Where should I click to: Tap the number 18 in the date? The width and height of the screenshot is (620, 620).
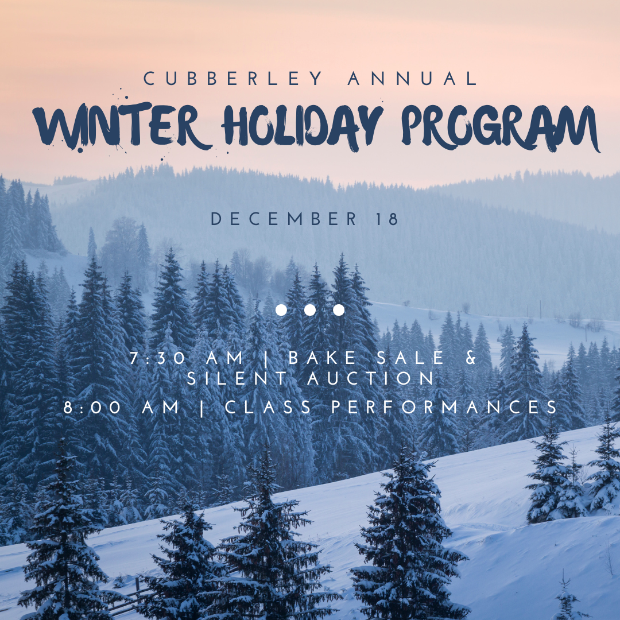click(386, 219)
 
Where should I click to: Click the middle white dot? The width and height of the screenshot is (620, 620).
click(310, 310)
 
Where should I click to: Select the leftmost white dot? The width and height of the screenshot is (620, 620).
click(281, 310)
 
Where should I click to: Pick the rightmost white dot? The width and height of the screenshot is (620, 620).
click(339, 310)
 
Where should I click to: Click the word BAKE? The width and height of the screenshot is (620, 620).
click(318, 358)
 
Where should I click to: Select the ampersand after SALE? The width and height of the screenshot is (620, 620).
click(471, 358)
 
